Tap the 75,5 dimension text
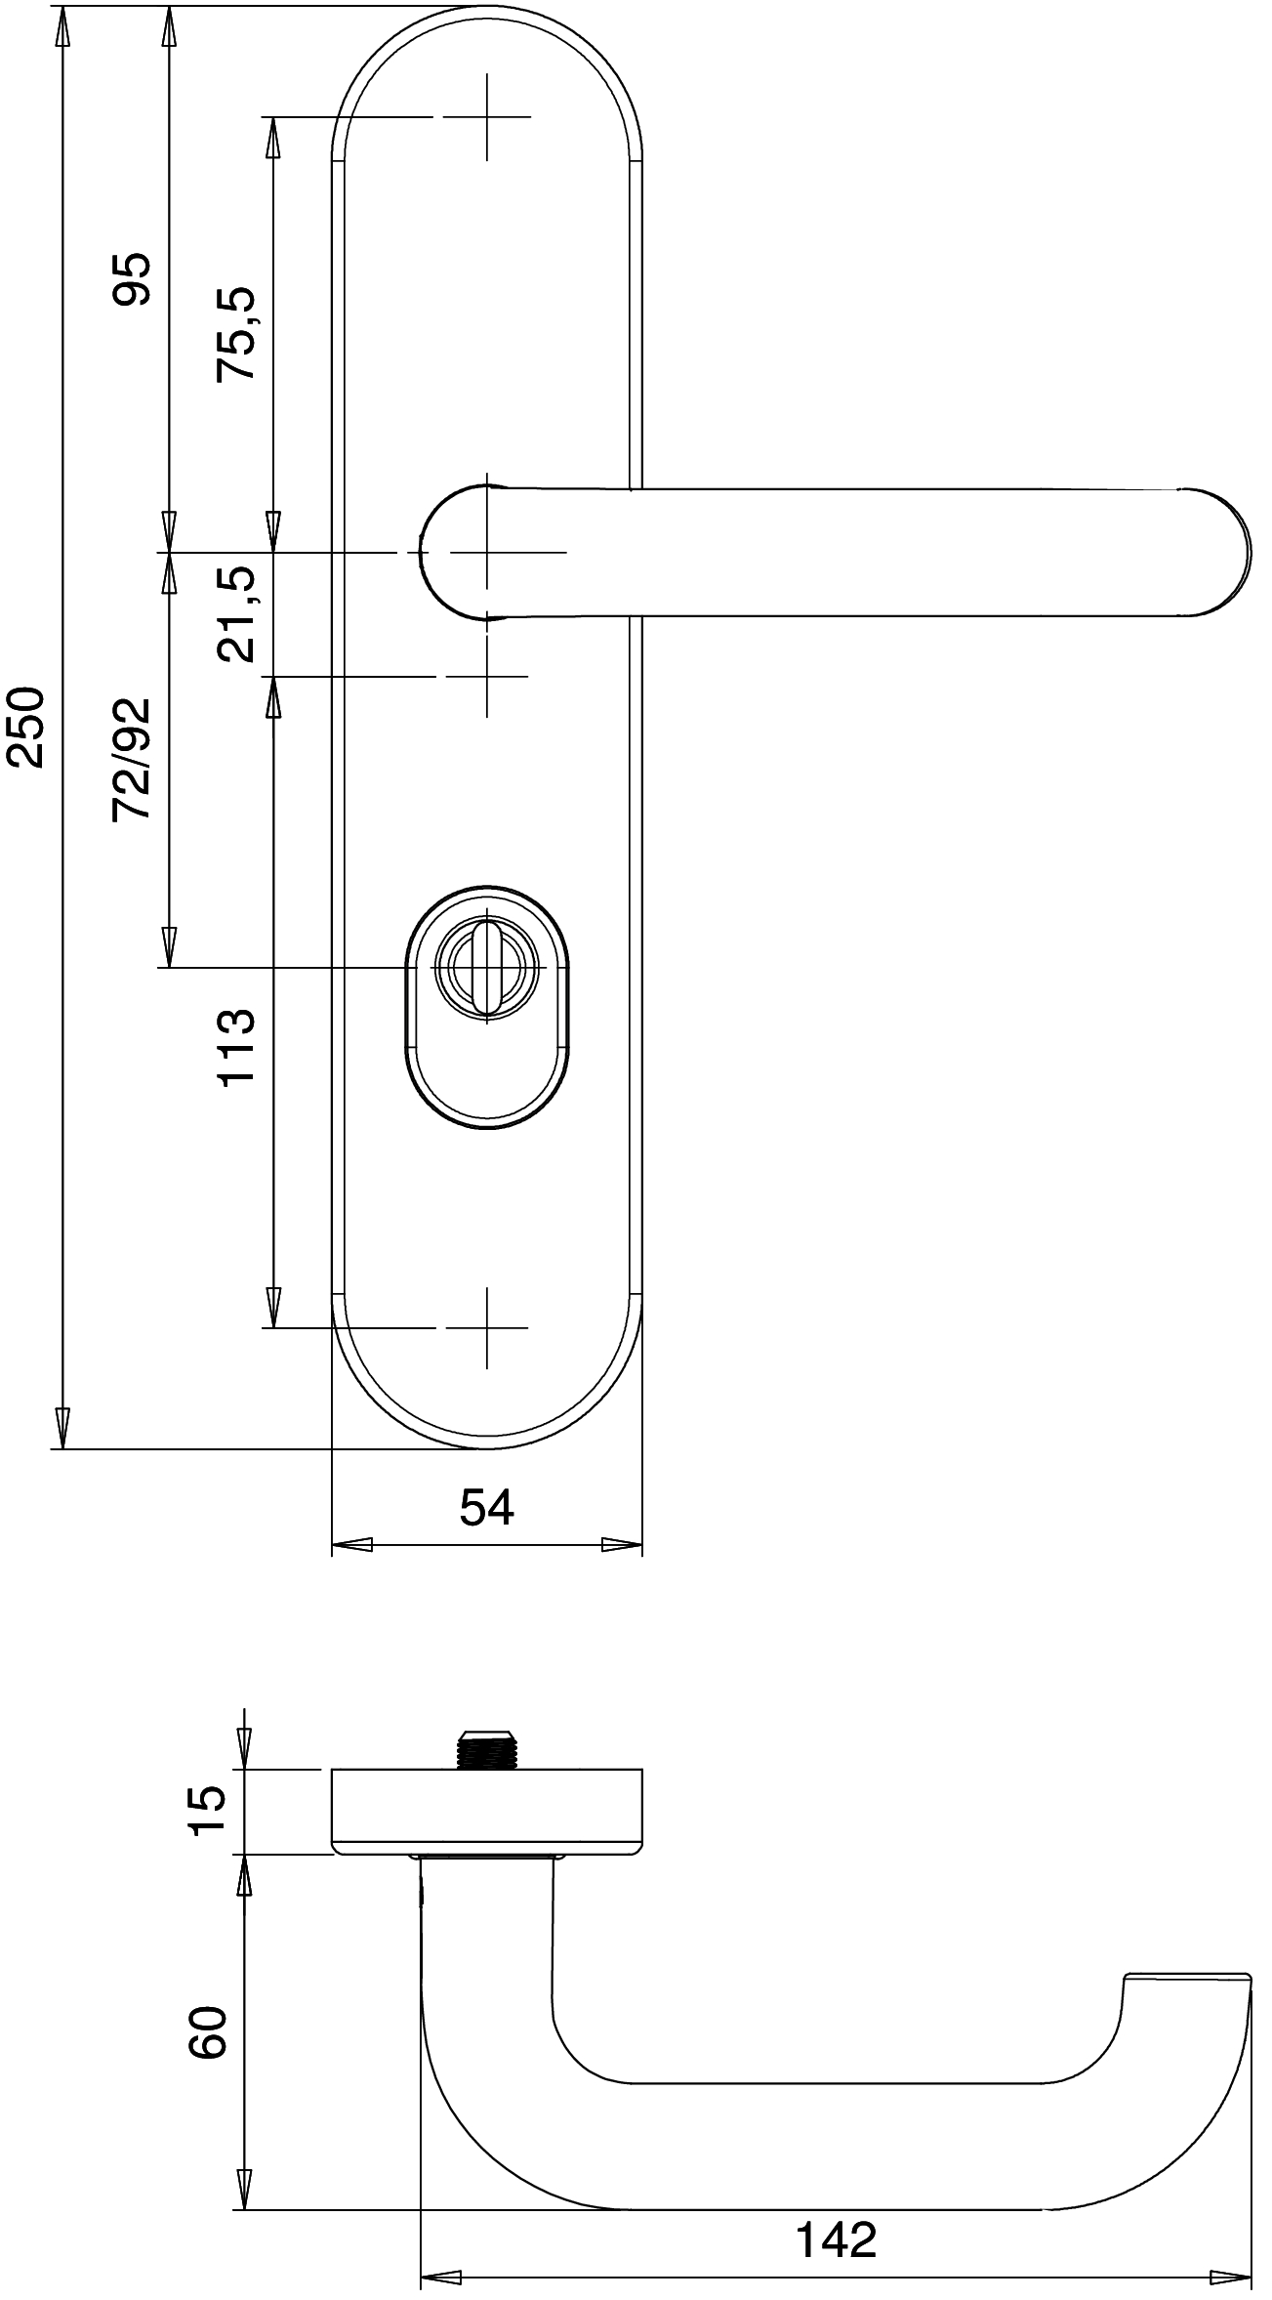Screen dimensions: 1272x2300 236,333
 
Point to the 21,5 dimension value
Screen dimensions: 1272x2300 236,614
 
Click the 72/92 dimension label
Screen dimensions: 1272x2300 132,759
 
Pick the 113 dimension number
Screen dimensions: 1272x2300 236,1047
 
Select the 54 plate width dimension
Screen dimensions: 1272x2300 486,1507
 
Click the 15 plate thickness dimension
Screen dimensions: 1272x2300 207,1811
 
